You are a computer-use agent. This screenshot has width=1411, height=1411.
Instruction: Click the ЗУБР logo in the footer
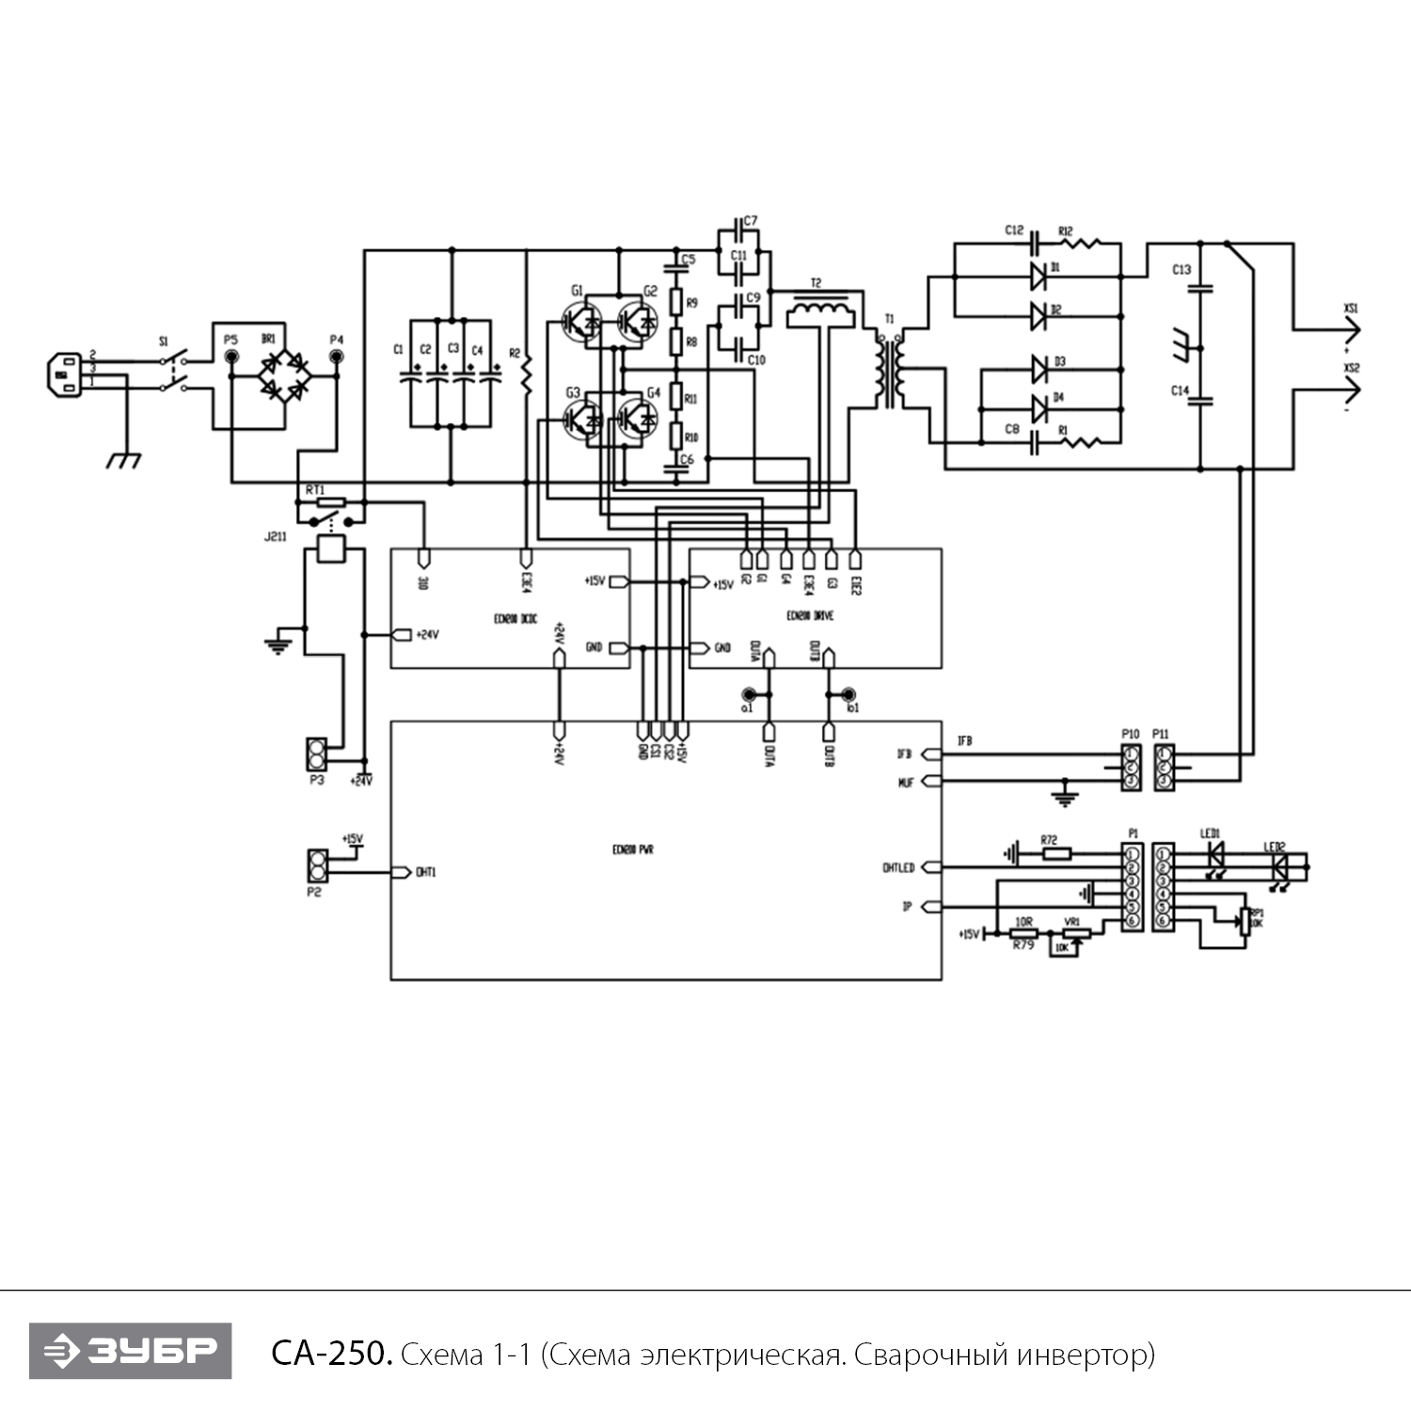tap(130, 1351)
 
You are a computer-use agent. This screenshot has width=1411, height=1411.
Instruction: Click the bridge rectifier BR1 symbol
tap(285, 374)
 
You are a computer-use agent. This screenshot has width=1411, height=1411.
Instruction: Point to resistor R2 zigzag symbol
tap(526, 373)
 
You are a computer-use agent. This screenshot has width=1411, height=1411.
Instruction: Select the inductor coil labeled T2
tap(820, 311)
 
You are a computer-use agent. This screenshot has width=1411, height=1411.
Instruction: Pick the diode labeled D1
tap(1038, 276)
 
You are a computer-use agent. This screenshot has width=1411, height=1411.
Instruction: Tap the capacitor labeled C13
tap(1200, 289)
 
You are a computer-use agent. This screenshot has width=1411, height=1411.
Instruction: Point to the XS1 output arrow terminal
tap(1351, 330)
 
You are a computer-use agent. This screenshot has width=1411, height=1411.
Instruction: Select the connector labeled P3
tap(317, 754)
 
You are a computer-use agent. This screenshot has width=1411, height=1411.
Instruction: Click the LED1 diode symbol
tap(1214, 853)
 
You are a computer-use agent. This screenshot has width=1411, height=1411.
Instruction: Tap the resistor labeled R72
tap(1056, 854)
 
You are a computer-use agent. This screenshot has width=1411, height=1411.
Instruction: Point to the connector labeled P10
tap(1132, 768)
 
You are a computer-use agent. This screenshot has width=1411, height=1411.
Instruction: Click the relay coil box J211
tap(331, 548)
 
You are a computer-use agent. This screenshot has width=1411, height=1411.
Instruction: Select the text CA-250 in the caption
tap(330, 1354)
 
